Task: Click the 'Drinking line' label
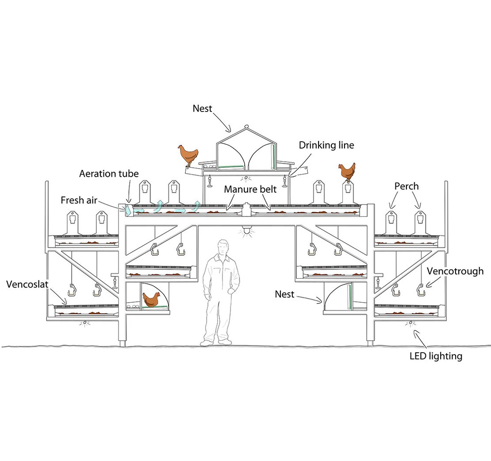[326, 145]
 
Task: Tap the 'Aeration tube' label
[108, 173]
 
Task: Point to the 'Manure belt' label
[250, 189]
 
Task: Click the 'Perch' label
[406, 186]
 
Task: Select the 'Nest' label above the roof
[202, 108]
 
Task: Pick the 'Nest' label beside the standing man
[284, 294]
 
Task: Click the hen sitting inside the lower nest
[151, 299]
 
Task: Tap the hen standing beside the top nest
[188, 154]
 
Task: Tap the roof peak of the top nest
[245, 127]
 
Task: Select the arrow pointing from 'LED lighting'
[421, 339]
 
